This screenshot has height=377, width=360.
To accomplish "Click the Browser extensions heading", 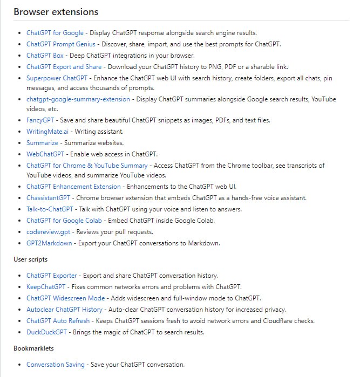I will (x=56, y=11).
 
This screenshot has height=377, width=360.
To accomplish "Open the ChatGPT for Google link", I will (x=55, y=33).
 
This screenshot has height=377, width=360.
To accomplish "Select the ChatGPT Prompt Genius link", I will (x=61, y=44).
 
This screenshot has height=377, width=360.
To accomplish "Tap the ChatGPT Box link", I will (x=45, y=56).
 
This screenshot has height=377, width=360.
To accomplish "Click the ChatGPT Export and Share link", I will (x=64, y=67).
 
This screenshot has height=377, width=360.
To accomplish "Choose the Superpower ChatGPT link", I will (x=57, y=78).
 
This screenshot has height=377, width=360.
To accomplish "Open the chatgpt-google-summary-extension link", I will (x=78, y=99).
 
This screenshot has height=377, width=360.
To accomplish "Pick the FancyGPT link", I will (x=40, y=120).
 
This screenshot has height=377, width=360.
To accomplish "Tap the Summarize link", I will (x=43, y=143).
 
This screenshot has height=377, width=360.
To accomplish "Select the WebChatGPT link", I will (x=45, y=154).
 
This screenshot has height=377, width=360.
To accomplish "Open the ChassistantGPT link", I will (x=48, y=198).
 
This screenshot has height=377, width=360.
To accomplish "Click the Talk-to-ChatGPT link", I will (x=50, y=209).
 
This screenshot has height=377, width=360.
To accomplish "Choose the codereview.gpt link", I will (x=49, y=232).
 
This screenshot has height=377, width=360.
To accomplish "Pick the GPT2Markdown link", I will (x=49, y=243).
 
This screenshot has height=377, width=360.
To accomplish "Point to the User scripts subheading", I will (x=31, y=259).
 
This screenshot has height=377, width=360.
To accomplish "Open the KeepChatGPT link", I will (x=46, y=287).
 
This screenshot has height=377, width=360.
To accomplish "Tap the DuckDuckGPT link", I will (x=47, y=332).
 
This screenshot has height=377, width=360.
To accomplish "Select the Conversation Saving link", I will (x=56, y=365).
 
